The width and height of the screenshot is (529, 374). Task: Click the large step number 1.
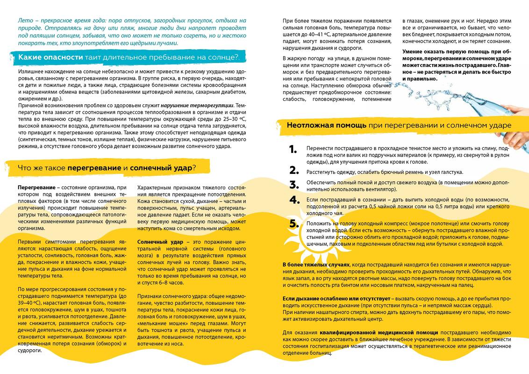[293, 150]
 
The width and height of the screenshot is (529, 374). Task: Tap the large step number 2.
[293, 170]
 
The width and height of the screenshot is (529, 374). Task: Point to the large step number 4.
[293, 200]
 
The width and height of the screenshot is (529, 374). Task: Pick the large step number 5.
[293, 223]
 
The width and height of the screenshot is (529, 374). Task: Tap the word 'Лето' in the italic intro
[24, 21]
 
